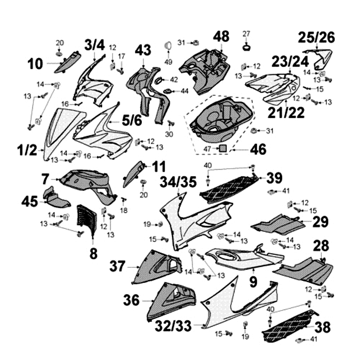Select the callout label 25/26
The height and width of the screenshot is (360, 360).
coord(318,38)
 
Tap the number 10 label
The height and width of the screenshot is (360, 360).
coord(35,64)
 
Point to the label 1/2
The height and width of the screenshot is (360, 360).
coord(27,150)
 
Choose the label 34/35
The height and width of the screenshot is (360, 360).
coord(178,183)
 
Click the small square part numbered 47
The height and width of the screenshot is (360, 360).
coord(222,148)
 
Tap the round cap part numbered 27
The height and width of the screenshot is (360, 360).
coord(246,46)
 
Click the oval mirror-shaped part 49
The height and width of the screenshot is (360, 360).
coord(169,45)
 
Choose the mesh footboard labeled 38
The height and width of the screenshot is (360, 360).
coord(289,324)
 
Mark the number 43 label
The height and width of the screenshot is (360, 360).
coord(143,50)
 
